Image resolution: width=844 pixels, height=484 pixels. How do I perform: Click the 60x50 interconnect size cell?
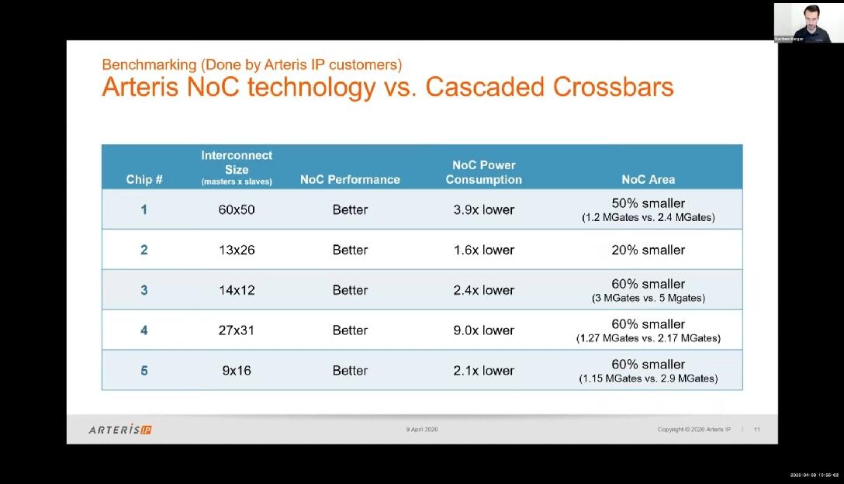[x=237, y=209]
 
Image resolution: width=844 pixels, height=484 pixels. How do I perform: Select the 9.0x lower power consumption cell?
[x=483, y=330]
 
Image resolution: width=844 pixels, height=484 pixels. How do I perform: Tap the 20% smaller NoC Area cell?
[x=648, y=250]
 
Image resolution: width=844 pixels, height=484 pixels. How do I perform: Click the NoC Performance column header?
[x=350, y=179]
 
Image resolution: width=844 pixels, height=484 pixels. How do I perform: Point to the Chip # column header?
[x=144, y=179]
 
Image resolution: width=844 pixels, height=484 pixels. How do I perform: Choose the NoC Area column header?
[x=648, y=179]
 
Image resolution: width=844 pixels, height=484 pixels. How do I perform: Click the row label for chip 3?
[x=144, y=290]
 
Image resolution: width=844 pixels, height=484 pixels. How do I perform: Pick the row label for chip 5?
[x=144, y=371]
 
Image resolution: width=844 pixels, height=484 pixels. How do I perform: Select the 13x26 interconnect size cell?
[x=237, y=250]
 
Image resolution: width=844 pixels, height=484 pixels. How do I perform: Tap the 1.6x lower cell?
[x=483, y=250]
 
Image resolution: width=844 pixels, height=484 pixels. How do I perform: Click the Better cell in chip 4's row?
[x=350, y=330]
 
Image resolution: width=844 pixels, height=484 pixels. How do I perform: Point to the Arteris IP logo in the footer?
[x=120, y=430]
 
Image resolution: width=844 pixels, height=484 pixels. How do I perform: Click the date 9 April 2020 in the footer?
[x=422, y=430]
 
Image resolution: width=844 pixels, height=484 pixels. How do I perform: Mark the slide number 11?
[x=757, y=430]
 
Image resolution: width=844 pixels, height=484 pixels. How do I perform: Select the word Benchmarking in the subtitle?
[x=147, y=64]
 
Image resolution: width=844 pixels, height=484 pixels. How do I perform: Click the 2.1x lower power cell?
[x=483, y=371]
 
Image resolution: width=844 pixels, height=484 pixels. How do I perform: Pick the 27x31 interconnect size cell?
[x=237, y=330]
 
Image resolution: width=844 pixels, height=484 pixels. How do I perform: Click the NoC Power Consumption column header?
[x=483, y=172]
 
